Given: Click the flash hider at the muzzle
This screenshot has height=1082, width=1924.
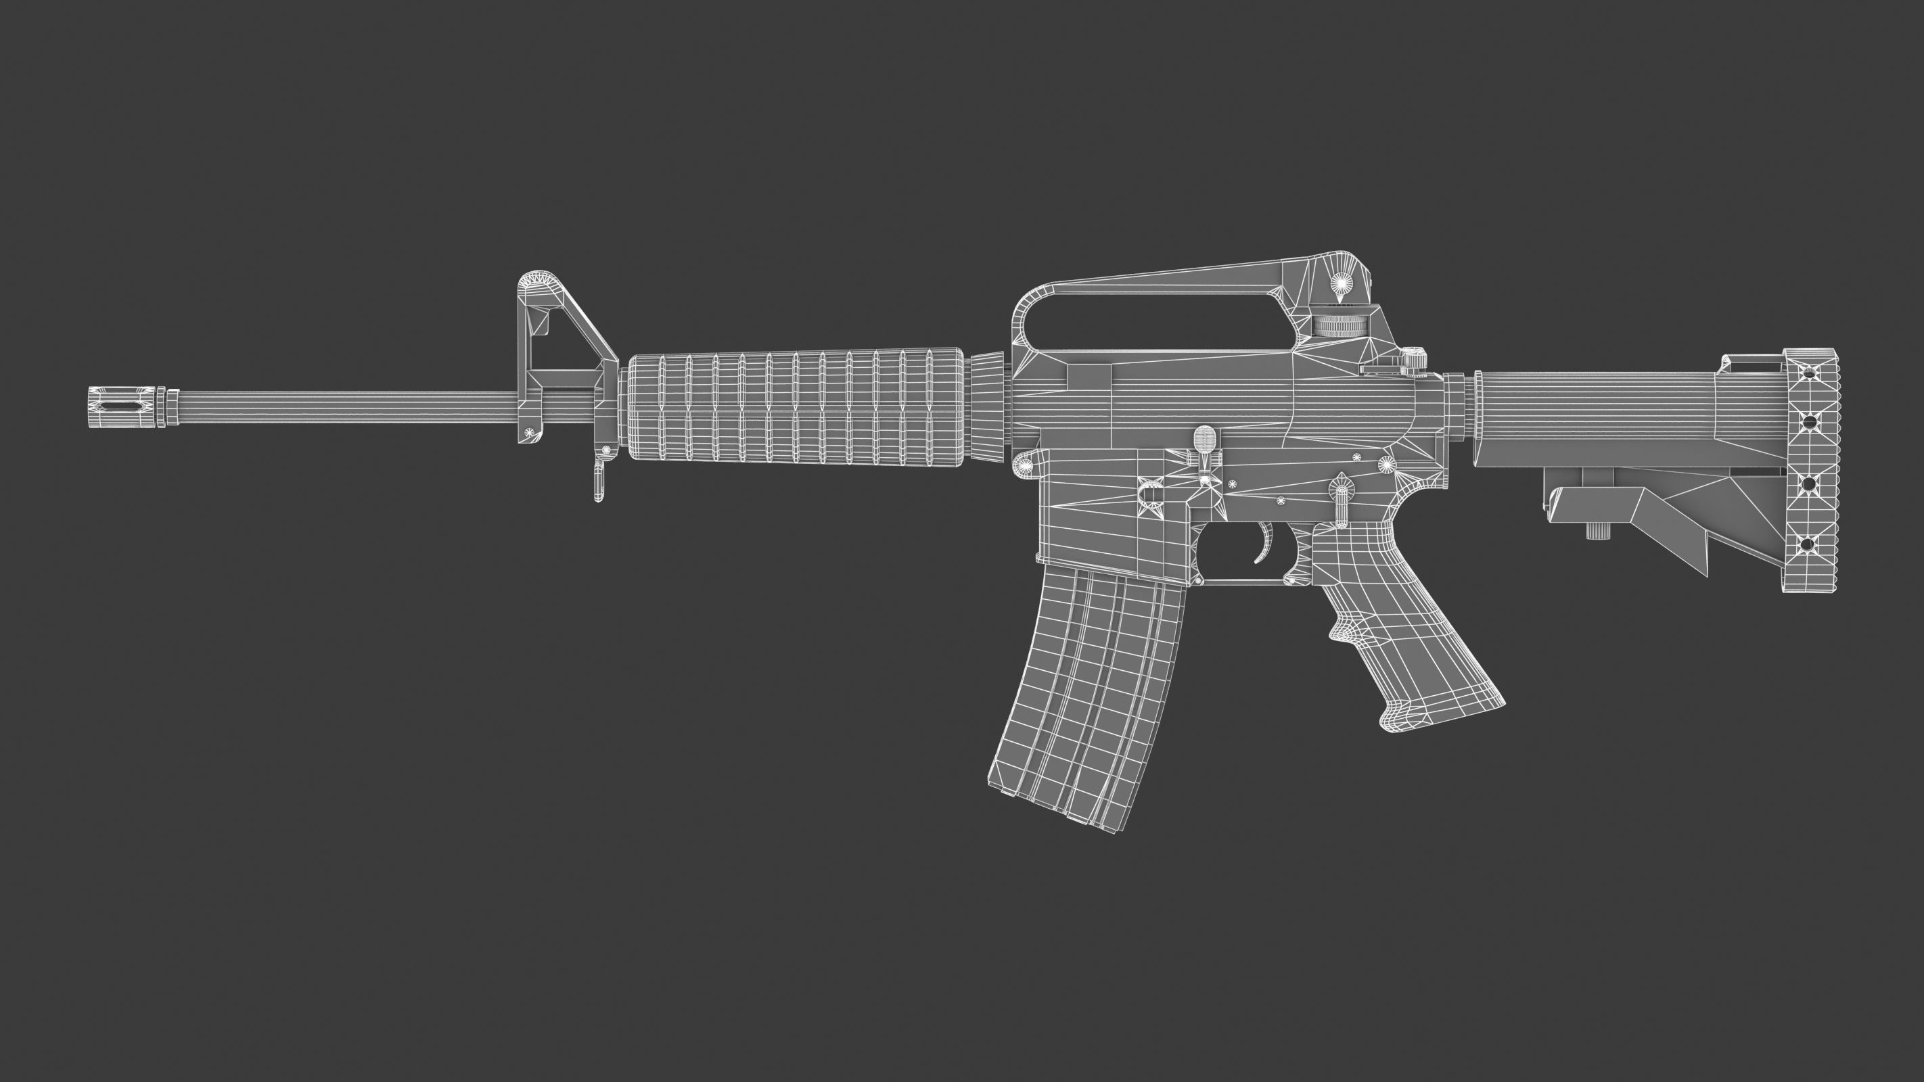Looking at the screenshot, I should point(120,408).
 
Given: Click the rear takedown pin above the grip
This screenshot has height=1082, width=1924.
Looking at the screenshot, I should point(1386,465).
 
